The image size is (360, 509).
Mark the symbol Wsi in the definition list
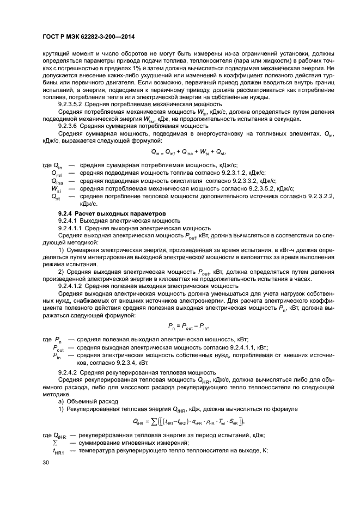coord(57,189)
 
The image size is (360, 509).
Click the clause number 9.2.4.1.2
coord(73,285)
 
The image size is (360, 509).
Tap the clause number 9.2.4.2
coord(70,372)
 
